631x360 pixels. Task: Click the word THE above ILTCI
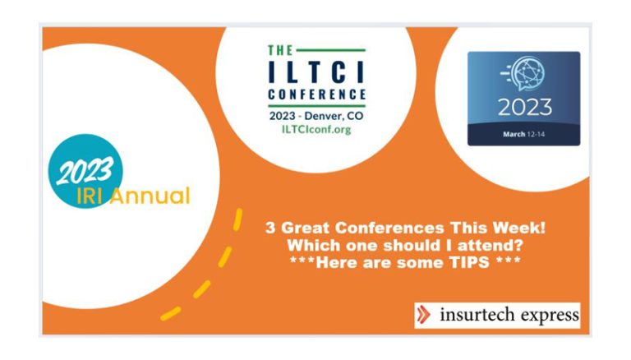pyautogui.click(x=280, y=50)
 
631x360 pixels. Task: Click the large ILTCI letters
pyautogui.click(x=316, y=72)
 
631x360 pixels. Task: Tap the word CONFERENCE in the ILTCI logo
pyautogui.click(x=316, y=95)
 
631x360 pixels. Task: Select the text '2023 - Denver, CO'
pyautogui.click(x=316, y=116)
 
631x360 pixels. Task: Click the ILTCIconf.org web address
pyautogui.click(x=316, y=129)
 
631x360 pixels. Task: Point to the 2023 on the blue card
pyautogui.click(x=525, y=107)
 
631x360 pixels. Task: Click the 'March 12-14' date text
pyautogui.click(x=523, y=134)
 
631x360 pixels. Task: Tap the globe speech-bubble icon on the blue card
pyautogui.click(x=523, y=74)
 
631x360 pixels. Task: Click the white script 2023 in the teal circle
pyautogui.click(x=85, y=170)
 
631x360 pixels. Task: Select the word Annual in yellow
pyautogui.click(x=150, y=196)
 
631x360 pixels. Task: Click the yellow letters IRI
pyautogui.click(x=89, y=196)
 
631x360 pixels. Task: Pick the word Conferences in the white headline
pyautogui.click(x=389, y=228)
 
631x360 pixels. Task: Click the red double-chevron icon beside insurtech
pyautogui.click(x=423, y=315)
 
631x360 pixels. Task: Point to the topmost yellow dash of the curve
pyautogui.click(x=237, y=219)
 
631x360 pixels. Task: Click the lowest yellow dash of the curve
pyautogui.click(x=171, y=314)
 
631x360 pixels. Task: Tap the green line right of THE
pyautogui.click(x=330, y=50)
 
